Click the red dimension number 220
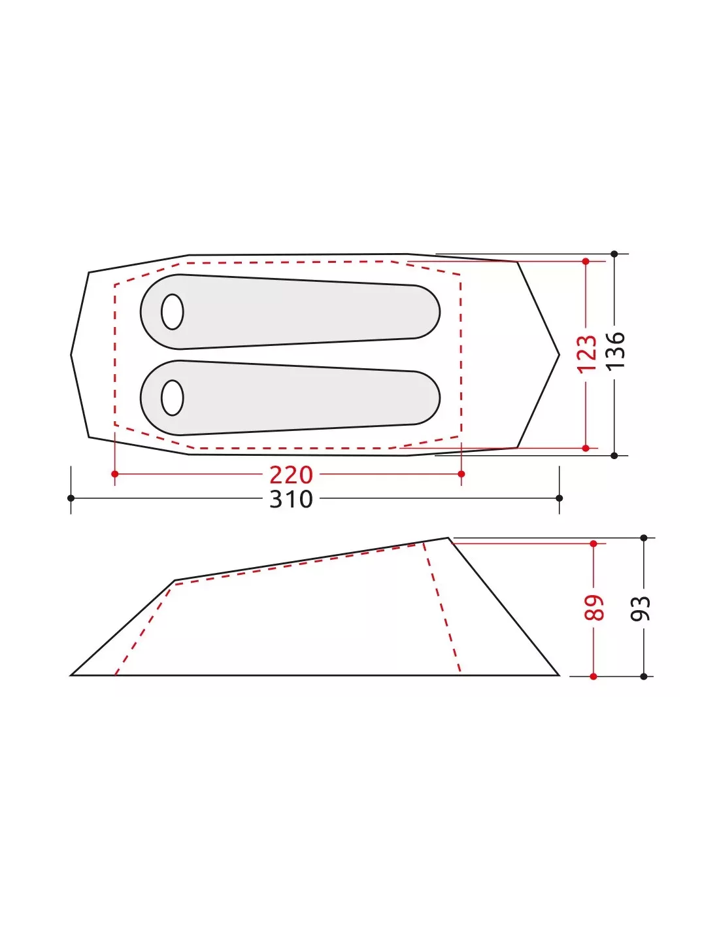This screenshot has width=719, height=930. click(291, 475)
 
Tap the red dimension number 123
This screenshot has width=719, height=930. click(587, 354)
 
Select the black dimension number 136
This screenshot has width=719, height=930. click(616, 350)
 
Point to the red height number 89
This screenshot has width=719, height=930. click(594, 608)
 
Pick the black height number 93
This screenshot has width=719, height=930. click(641, 608)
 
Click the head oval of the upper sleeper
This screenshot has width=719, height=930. click(173, 312)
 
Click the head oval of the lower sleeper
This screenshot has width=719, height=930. click(173, 398)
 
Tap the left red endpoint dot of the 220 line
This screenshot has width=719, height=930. click(114, 474)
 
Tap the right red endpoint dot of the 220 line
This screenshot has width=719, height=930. click(461, 474)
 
